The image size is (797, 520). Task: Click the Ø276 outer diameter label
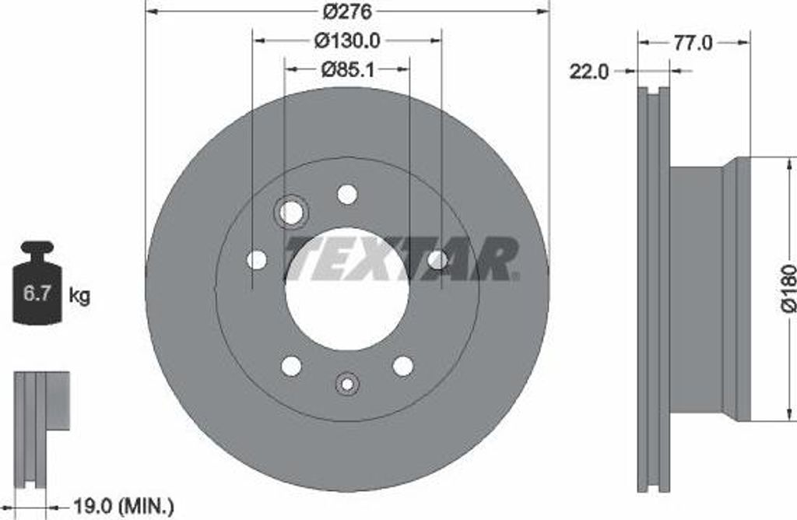[348, 11]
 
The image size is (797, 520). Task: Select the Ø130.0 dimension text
[347, 40]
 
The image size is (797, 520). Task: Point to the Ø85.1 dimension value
[348, 69]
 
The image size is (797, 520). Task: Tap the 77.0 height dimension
[693, 44]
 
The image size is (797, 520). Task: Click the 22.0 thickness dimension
[588, 72]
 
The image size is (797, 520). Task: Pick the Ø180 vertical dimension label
[788, 287]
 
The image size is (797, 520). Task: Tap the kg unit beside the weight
[79, 295]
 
